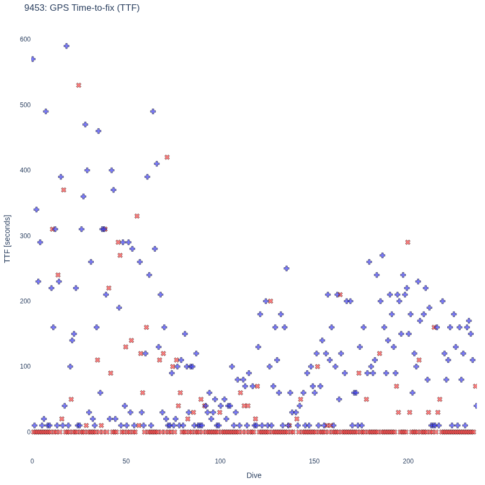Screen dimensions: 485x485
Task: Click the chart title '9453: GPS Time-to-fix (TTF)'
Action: coord(82,8)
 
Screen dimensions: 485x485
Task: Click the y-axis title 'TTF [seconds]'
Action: coord(7,239)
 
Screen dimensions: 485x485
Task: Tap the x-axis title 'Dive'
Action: coord(254,475)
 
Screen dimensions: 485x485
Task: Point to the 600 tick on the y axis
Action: coord(25,39)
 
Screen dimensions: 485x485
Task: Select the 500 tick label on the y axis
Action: coord(25,105)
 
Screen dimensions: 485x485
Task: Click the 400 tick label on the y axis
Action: coord(25,170)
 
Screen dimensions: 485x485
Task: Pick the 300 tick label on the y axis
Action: coord(25,235)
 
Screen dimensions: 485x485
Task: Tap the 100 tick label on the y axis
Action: coord(25,366)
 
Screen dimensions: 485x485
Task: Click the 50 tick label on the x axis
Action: coord(126,461)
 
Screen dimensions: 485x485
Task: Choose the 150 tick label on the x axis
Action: coord(314,461)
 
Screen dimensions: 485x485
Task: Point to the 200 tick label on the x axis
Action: coord(408,461)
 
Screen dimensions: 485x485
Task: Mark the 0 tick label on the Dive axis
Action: coord(32,461)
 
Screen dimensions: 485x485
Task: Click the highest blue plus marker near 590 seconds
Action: coord(66,46)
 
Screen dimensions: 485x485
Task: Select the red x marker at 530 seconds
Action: coord(79,85)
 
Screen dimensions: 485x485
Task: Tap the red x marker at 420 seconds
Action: coord(167,157)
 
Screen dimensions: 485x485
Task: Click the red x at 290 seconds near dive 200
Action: coord(408,242)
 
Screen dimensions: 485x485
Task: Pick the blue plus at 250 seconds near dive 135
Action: coord(287,268)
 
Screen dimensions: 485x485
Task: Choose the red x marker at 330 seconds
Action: coord(137,216)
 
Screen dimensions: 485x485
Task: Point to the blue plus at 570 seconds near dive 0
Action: coord(33,59)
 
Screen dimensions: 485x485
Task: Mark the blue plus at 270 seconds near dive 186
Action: coord(382,255)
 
